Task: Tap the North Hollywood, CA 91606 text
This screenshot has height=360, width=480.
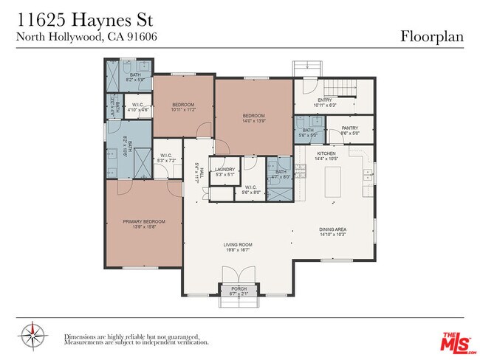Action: coord(86,35)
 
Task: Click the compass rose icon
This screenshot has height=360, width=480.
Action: coord(33,336)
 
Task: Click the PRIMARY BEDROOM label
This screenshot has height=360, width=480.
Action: coord(144,221)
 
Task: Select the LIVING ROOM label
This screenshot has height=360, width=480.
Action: coord(238,244)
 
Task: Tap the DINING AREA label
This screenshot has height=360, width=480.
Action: coord(332,229)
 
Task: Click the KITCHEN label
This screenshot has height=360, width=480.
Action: coord(326,153)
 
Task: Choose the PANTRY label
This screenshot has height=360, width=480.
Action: coord(349,128)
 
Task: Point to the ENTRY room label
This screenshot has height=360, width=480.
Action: coord(324,100)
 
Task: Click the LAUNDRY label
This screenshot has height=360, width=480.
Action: coord(224,170)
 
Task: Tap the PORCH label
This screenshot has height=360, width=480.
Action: coord(239,288)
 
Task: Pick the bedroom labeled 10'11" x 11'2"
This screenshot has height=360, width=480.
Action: coord(183,105)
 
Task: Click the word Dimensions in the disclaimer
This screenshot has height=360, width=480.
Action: coord(81,336)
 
